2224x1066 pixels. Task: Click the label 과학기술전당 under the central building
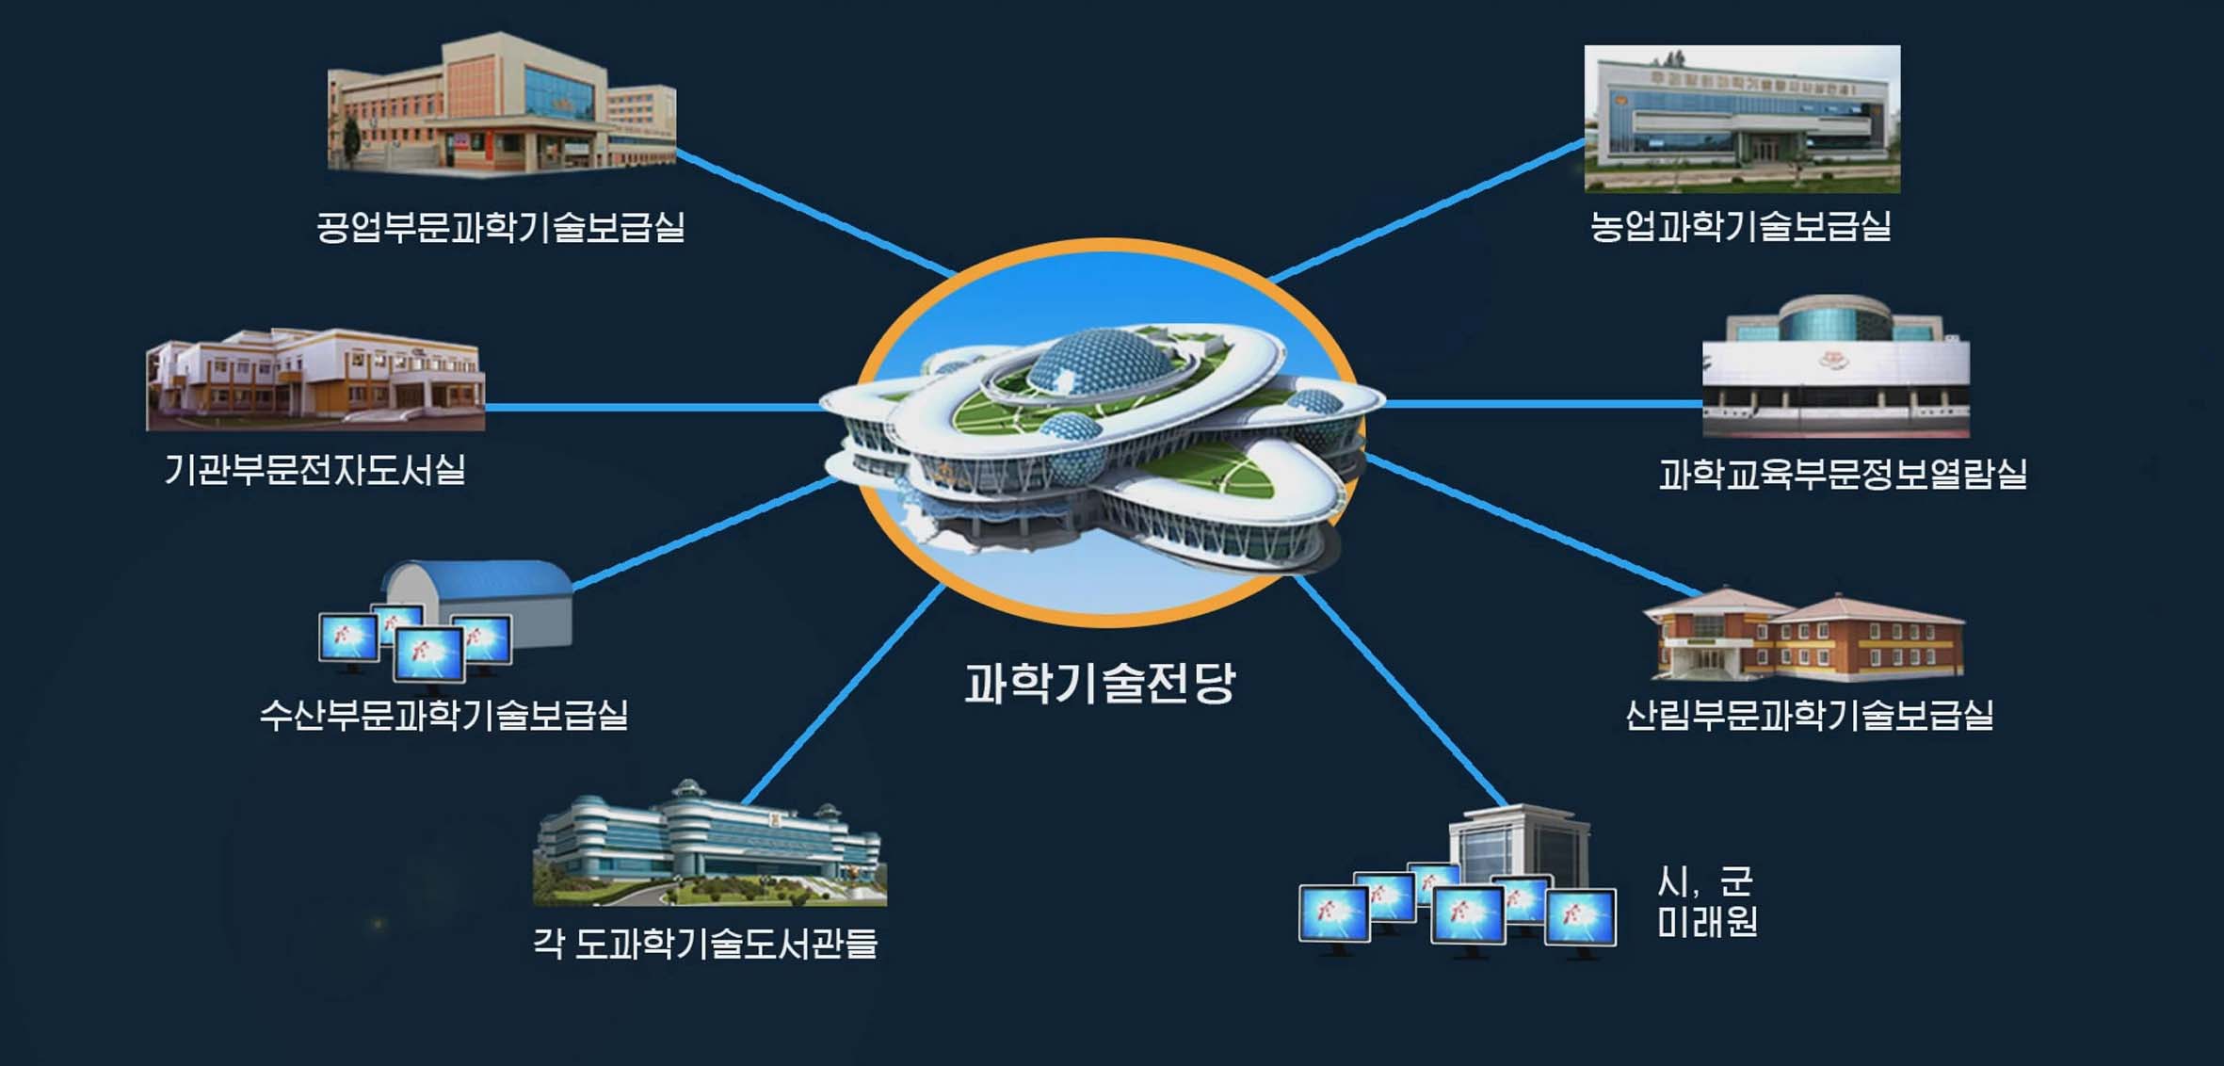tap(1099, 683)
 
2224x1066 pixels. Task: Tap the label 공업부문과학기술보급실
tap(500, 227)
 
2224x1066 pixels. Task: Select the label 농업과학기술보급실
tap(1741, 226)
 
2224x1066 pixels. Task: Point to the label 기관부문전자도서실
tap(315, 469)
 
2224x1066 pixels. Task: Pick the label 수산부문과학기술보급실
tap(443, 715)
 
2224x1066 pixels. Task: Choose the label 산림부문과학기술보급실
tap(1809, 715)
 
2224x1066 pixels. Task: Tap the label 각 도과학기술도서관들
tap(705, 943)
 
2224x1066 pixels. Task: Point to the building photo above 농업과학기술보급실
tap(1742, 119)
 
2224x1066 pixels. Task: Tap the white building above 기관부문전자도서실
tap(315, 380)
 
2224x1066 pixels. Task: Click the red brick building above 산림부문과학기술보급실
tap(1804, 634)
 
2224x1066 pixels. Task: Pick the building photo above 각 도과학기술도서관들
tap(710, 843)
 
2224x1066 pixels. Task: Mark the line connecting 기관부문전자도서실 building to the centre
tap(654, 407)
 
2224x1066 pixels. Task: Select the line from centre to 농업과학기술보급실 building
tap(1427, 210)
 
